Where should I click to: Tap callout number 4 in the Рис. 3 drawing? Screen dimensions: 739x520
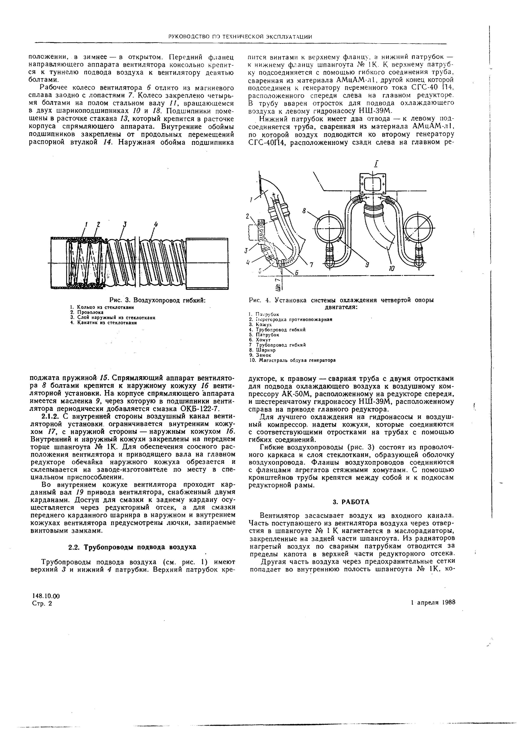click(156, 225)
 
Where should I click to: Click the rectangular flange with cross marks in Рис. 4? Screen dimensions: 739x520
click(373, 184)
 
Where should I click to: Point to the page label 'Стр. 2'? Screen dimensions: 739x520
click(42, 604)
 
